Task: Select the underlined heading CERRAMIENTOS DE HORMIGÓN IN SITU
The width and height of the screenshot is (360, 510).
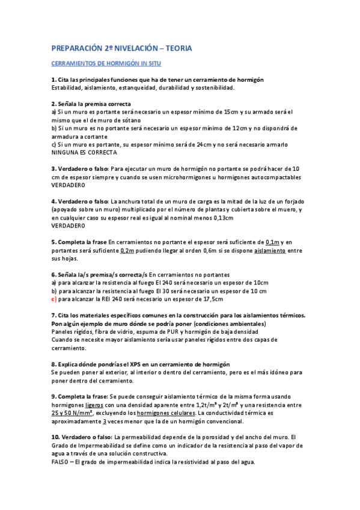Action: click(x=106, y=63)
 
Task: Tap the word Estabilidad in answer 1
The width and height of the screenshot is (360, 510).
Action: click(x=67, y=88)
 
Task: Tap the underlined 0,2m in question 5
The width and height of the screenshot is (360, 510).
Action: click(x=127, y=250)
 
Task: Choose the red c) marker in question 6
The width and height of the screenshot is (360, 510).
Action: click(x=53, y=299)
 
